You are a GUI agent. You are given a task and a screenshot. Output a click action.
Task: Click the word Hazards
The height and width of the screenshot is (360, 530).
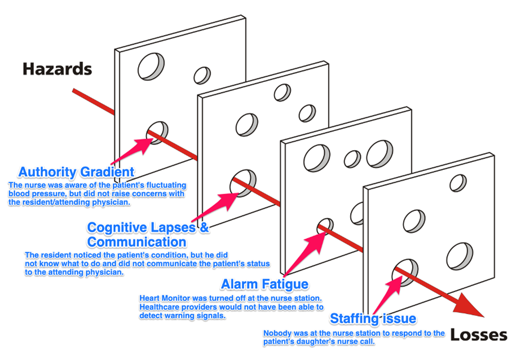pyautogui.click(x=57, y=69)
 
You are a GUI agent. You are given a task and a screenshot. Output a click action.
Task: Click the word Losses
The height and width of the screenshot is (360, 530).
pyautogui.click(x=478, y=335)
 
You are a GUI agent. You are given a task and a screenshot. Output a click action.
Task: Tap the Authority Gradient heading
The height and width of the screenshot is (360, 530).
pyautogui.click(x=76, y=172)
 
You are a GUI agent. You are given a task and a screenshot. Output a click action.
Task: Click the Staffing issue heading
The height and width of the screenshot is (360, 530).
pyautogui.click(x=373, y=319)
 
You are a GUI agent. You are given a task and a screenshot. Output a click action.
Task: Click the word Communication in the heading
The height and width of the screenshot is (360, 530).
pyautogui.click(x=136, y=242)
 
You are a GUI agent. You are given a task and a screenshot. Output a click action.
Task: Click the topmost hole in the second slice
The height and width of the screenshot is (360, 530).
pyautogui.click(x=282, y=92)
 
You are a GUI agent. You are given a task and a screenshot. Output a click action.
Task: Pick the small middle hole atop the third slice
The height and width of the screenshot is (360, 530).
pyautogui.click(x=352, y=159)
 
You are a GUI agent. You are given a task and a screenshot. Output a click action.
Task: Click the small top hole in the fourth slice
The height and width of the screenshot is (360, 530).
pyautogui.click(x=458, y=183)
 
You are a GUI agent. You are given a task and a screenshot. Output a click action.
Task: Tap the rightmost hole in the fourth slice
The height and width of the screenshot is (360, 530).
pyautogui.click(x=459, y=257)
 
